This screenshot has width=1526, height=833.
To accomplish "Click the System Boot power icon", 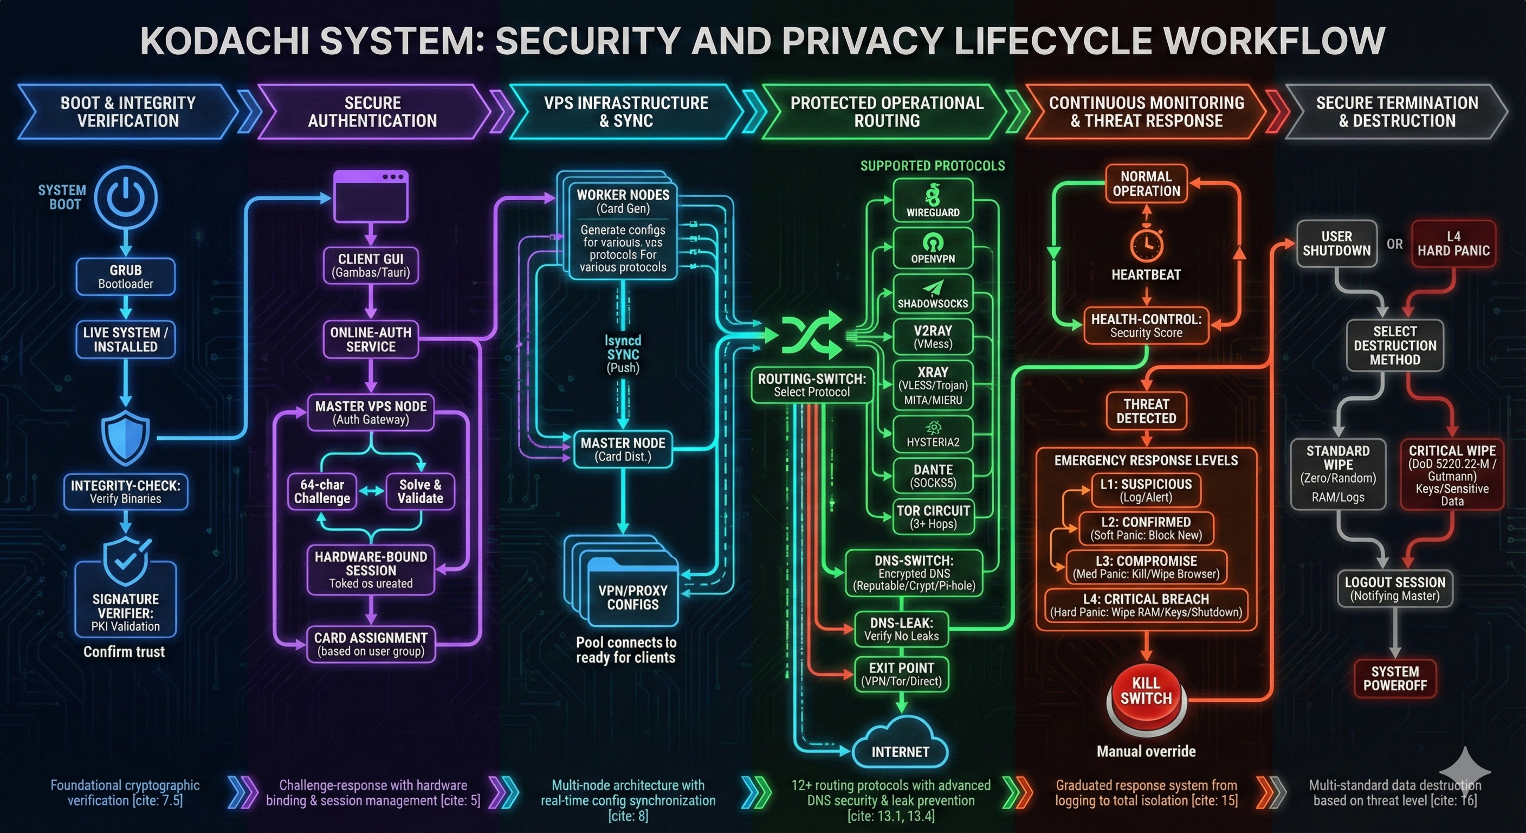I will [x=126, y=197].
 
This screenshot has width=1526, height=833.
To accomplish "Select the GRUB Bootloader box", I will [x=126, y=276].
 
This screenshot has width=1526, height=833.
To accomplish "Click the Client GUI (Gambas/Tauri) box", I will [x=371, y=266].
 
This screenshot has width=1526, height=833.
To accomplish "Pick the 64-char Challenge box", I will [x=322, y=491].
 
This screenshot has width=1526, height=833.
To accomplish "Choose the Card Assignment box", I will [x=371, y=644].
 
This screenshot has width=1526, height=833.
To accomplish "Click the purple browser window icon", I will [x=371, y=196].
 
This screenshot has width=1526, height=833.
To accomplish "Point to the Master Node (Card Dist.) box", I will [x=623, y=450].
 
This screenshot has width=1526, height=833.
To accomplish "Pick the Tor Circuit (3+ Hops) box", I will [x=933, y=517].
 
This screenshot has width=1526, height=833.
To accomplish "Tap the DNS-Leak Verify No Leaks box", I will [x=901, y=629].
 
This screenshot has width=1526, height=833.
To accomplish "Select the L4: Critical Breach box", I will [x=1146, y=605].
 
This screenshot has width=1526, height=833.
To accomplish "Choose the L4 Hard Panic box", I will [x=1453, y=244].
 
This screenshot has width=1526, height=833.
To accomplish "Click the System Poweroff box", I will [x=1394, y=678].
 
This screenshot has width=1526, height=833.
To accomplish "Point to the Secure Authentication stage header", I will [x=373, y=112].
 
